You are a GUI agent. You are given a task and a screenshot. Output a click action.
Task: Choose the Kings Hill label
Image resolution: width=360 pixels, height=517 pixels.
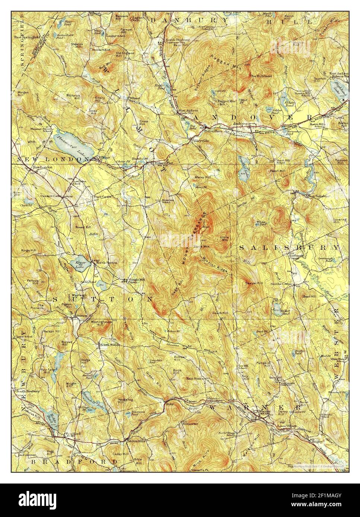[x=28, y=250]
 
